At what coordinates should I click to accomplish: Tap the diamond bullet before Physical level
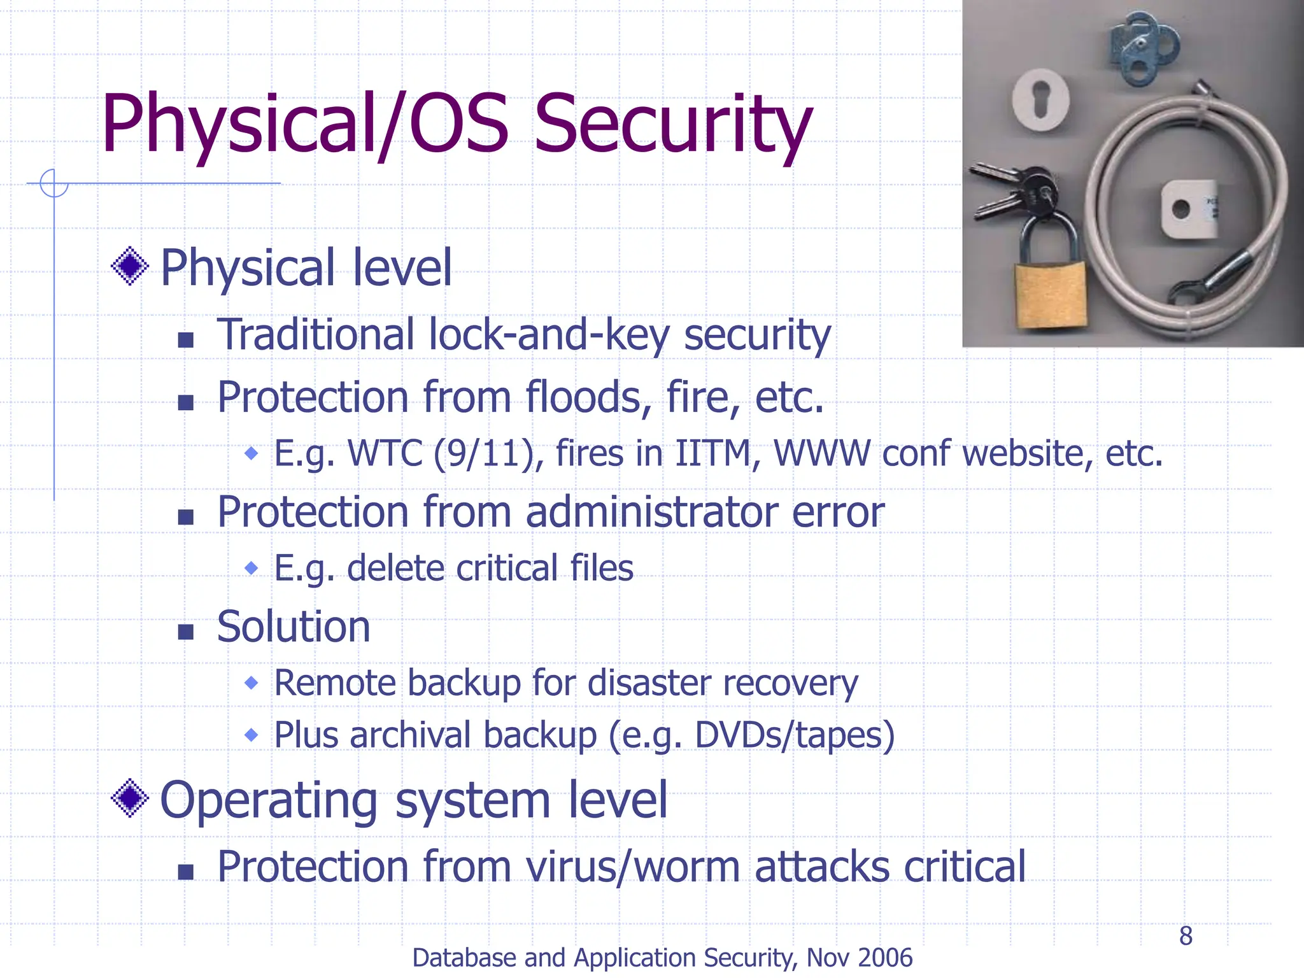(130, 266)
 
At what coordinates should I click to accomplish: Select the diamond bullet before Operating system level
(130, 798)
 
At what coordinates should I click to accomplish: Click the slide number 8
(1186, 936)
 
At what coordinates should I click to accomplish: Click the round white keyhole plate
(1041, 100)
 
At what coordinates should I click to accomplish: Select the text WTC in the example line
(385, 454)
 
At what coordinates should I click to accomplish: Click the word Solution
(293, 627)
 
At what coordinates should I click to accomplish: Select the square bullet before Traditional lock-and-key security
(185, 339)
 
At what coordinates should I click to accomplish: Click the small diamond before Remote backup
(252, 683)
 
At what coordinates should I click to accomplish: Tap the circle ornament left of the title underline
(53, 183)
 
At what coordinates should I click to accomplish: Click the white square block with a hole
(1187, 208)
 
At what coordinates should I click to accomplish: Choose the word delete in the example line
(395, 569)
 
